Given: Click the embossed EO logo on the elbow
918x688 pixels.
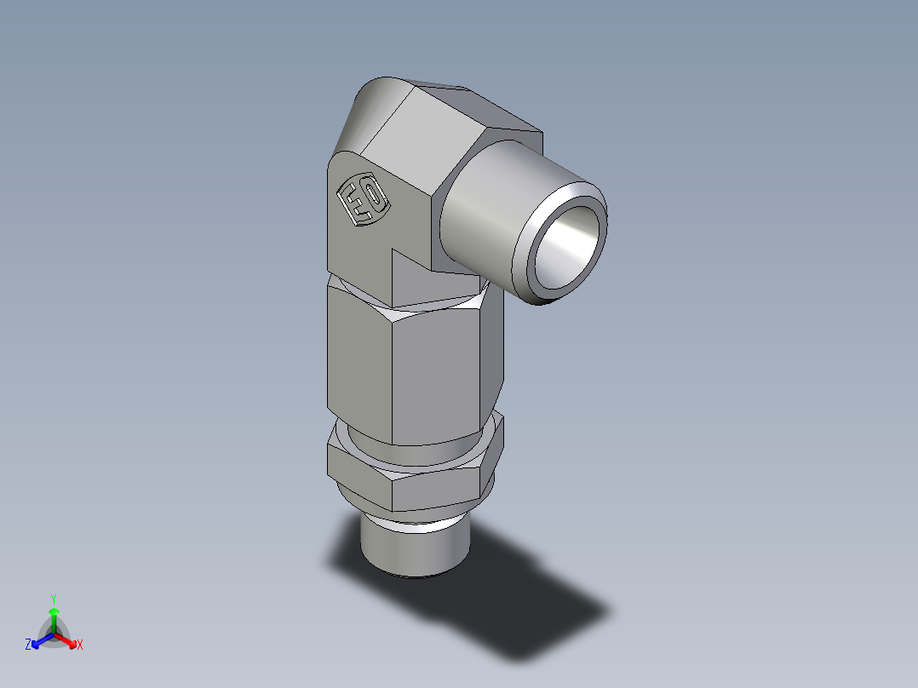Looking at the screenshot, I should [363, 203].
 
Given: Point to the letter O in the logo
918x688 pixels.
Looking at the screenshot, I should [373, 207].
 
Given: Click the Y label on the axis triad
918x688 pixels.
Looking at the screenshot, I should [53, 598].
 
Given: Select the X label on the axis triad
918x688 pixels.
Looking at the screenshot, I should [80, 645].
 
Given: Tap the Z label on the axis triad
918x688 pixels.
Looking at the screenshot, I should [28, 645].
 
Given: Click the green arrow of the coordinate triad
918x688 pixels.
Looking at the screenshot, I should [54, 617].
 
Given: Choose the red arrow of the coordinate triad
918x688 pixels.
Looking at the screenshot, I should [68, 639].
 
